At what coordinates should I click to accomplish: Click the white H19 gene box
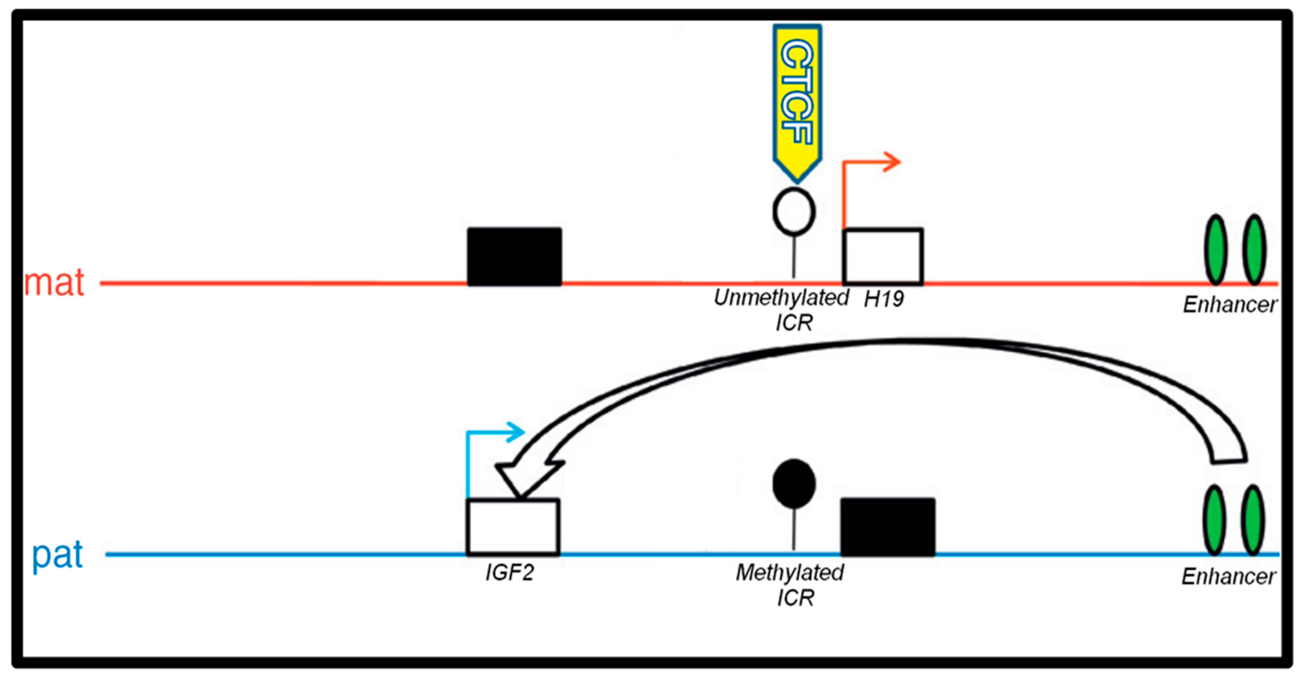(882, 256)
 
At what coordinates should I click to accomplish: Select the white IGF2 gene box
(512, 527)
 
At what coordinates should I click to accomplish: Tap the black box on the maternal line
(514, 256)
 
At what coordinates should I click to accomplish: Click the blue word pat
(57, 555)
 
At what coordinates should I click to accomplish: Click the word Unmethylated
(781, 298)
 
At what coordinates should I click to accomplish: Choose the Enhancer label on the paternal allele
(1228, 576)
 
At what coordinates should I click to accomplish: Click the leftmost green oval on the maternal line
(1216, 250)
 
